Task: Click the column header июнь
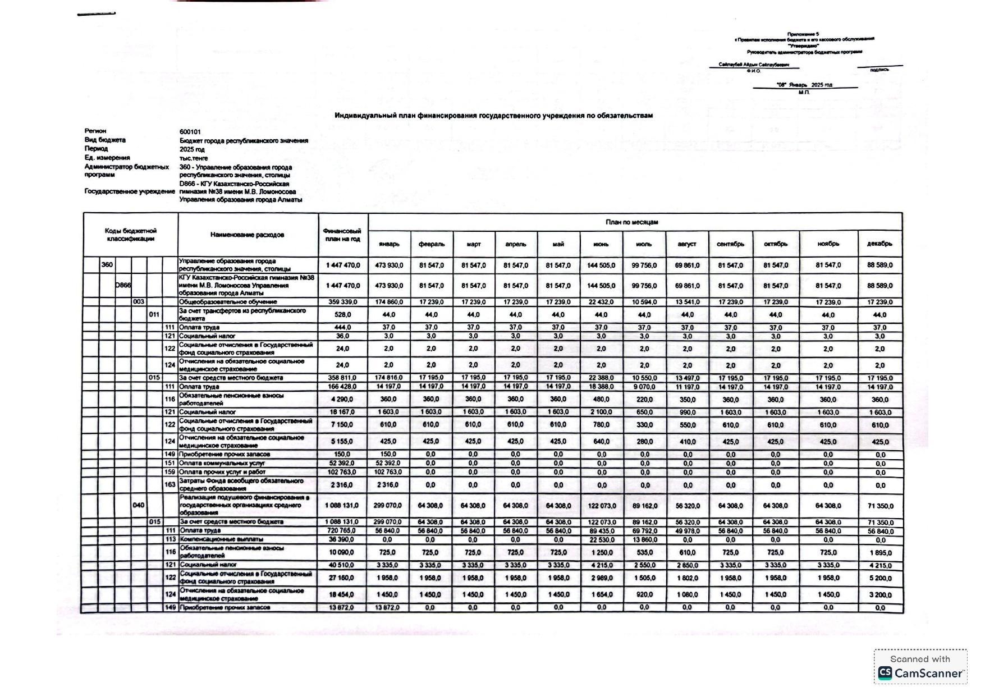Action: [601, 244]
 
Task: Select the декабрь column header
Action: [879, 244]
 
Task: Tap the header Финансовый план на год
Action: [342, 235]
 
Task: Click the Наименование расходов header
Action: [247, 235]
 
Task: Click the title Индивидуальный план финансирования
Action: [493, 116]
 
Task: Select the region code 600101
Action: [190, 132]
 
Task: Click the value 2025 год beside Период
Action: [192, 150]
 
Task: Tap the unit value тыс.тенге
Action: [194, 158]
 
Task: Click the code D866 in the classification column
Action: [123, 285]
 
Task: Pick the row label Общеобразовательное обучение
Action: [228, 302]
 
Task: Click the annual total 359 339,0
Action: [343, 302]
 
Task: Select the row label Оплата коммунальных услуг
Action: [222, 464]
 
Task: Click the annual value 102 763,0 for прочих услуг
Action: [343, 472]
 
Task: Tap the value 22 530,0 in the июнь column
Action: [601, 540]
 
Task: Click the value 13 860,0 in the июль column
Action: [644, 540]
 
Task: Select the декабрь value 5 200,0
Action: [879, 578]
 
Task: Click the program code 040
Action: [139, 505]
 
